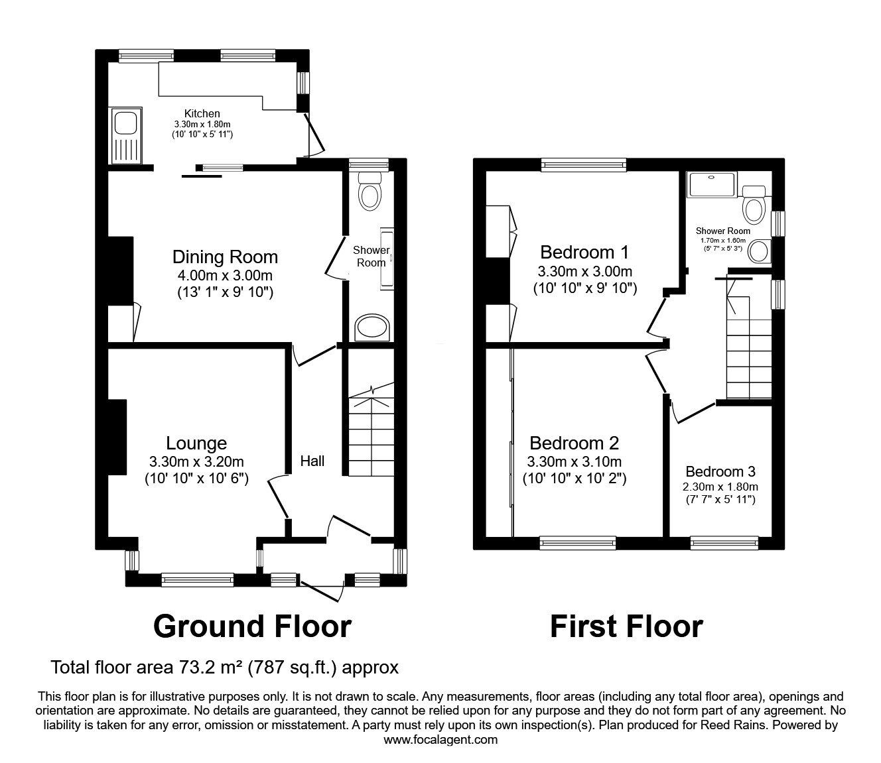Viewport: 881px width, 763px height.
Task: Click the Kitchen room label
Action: coord(202,113)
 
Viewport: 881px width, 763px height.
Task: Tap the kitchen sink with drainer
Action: coord(125,136)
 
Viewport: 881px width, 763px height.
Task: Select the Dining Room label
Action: coord(225,257)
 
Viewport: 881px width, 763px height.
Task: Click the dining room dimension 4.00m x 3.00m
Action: coord(225,274)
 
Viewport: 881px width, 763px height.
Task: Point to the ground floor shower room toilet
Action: coord(369,191)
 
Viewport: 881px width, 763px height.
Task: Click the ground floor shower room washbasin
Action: coord(372,327)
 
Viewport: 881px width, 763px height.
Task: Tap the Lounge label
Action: coord(196,443)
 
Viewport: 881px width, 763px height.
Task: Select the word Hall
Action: coord(312,460)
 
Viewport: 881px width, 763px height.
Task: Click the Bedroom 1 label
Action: coord(584,252)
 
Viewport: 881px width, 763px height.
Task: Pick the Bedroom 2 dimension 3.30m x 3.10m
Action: coord(574,461)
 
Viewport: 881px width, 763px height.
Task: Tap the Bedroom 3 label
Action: coord(720,471)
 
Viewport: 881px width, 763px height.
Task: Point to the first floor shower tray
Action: coord(711,184)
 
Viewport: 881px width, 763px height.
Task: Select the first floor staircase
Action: coord(748,351)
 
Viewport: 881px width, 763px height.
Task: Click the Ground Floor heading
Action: coord(252,626)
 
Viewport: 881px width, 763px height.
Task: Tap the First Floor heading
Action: coord(626,626)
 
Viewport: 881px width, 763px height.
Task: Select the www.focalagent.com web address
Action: coord(440,739)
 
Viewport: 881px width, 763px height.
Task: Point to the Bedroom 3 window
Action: coord(724,543)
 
